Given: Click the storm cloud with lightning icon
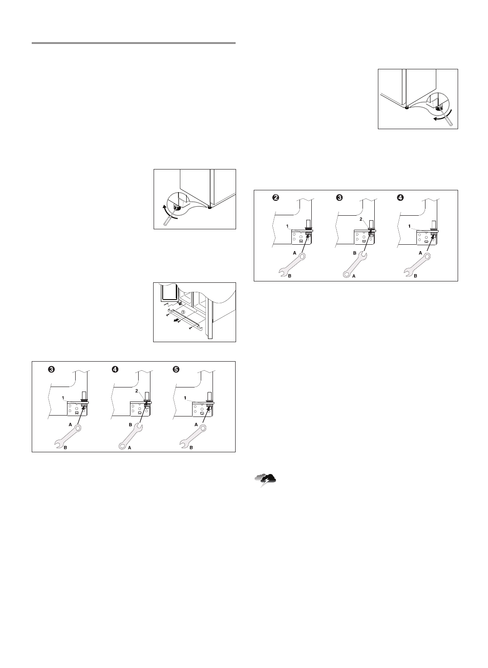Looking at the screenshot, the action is (x=266, y=479).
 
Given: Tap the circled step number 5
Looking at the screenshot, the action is (x=175, y=369).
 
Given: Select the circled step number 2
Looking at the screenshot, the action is (x=275, y=198).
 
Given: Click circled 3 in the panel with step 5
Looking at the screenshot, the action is (x=52, y=369).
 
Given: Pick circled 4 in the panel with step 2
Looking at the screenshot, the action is (x=400, y=198).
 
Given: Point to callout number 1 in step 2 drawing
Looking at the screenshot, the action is (x=287, y=226).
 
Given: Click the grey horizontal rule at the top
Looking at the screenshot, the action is (x=134, y=44).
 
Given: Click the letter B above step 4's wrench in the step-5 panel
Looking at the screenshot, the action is (x=130, y=425).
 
